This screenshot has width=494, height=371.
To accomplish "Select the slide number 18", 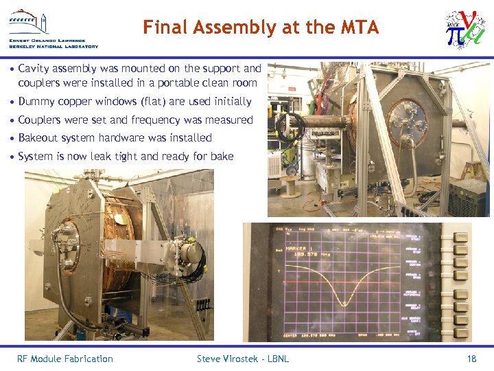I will tap(471, 359).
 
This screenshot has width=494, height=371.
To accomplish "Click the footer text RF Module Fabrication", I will tap(65, 359).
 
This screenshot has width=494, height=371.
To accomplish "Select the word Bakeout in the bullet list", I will tap(38, 138).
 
